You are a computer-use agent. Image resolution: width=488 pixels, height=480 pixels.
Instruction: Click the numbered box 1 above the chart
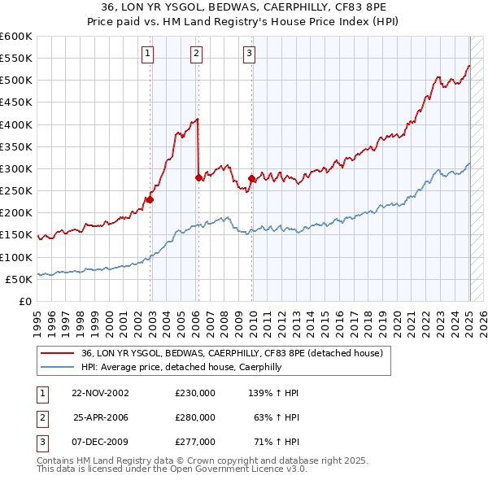pos(148,55)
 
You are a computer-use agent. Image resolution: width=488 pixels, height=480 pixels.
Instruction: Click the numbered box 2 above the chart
pos(197,55)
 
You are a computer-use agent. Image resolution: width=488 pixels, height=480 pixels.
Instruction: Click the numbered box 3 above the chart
pos(249,55)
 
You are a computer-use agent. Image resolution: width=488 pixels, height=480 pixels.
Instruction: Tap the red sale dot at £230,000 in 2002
pos(150,199)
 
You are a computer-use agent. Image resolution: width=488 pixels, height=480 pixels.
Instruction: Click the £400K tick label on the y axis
pos(16,124)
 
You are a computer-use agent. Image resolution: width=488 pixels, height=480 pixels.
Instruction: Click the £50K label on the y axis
pos(19,279)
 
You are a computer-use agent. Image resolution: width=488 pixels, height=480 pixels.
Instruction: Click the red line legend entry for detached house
pos(237,353)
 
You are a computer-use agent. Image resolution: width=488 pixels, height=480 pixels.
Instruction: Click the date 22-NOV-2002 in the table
pos(100,392)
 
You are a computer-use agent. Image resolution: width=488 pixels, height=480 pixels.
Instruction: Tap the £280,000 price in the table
pos(194,417)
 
